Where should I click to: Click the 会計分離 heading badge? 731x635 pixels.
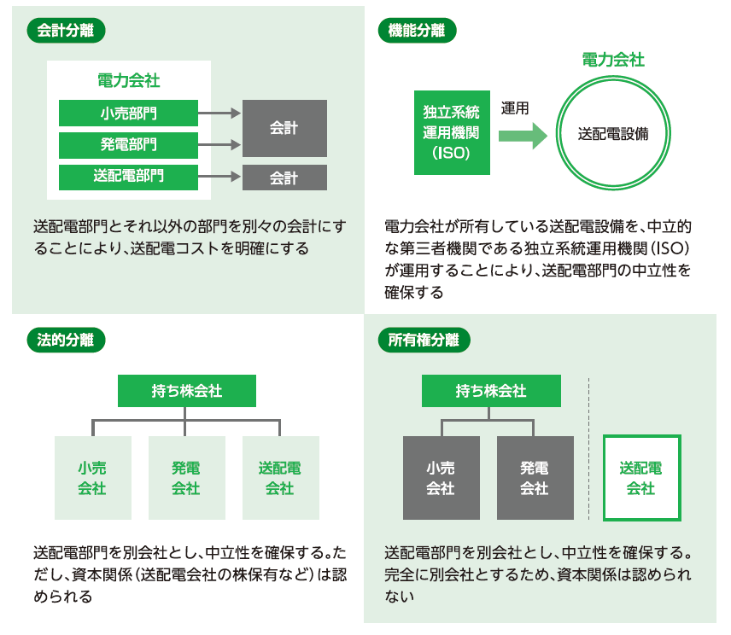[x=67, y=31]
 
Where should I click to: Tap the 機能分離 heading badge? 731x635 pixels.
[x=417, y=31]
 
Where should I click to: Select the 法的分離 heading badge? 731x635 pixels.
[x=67, y=339]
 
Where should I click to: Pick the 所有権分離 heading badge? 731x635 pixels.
[x=424, y=339]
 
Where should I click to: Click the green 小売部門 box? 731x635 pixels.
[x=128, y=113]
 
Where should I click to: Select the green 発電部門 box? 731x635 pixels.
[x=128, y=144]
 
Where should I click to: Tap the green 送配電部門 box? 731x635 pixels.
[x=128, y=177]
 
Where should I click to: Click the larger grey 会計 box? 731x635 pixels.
[x=284, y=128]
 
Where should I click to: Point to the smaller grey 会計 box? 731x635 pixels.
[x=284, y=178]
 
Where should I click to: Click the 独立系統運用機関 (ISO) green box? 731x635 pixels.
[x=452, y=132]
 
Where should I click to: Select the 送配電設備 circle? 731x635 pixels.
[x=612, y=134]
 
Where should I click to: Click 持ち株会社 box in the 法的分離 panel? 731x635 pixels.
[x=186, y=391]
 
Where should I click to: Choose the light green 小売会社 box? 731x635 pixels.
[x=92, y=478]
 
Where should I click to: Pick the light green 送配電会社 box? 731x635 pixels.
[x=280, y=478]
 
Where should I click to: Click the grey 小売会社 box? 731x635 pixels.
[x=441, y=478]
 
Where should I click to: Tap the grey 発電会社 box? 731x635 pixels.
[x=535, y=478]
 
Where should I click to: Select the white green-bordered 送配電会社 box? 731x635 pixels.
[x=641, y=478]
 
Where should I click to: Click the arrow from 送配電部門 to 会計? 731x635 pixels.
[x=220, y=178]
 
